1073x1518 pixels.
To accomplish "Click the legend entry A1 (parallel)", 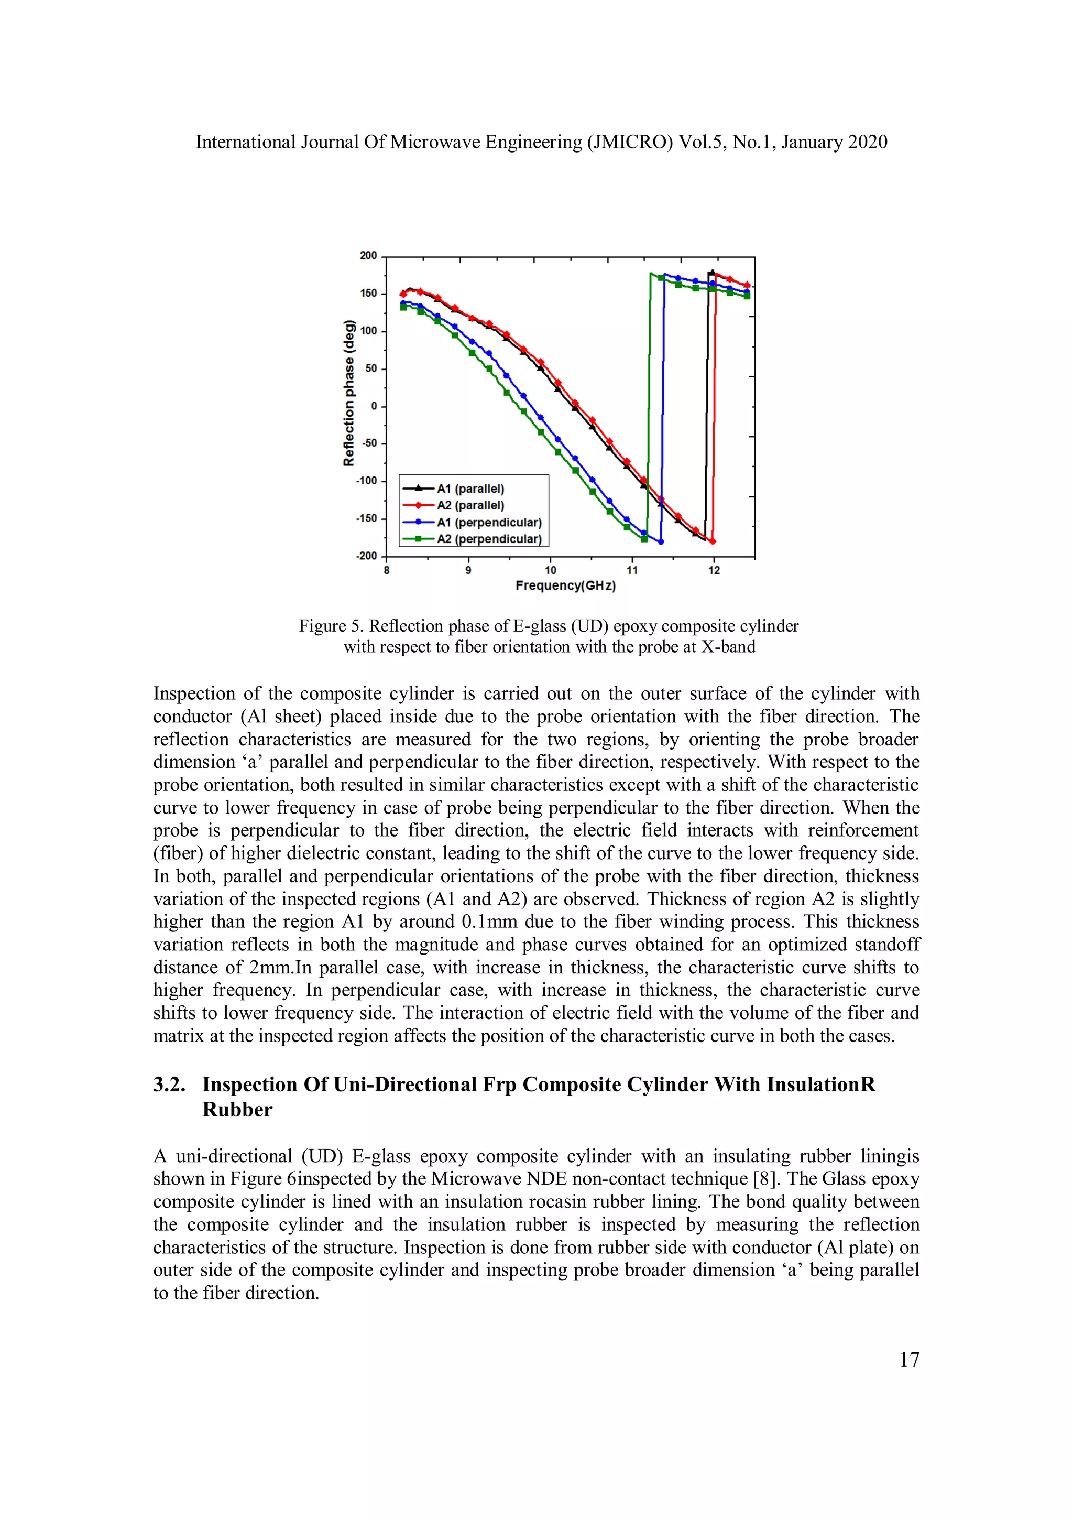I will click(470, 489).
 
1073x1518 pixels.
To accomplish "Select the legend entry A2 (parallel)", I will click(470, 505).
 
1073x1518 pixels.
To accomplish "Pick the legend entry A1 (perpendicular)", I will click(488, 522).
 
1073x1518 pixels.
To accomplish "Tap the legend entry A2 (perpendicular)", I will click(488, 539).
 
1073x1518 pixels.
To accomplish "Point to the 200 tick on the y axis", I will click(368, 255).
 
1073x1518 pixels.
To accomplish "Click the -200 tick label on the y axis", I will click(366, 556).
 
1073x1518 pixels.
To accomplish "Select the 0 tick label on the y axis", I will click(374, 406).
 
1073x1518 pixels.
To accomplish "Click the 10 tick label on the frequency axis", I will click(550, 571).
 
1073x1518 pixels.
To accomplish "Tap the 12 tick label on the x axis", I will click(714, 571).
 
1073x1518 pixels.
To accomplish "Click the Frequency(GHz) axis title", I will click(565, 586).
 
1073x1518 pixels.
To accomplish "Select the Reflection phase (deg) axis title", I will click(349, 393).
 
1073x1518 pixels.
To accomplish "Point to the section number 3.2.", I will click(169, 1085).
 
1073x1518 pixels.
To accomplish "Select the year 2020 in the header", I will click(868, 142).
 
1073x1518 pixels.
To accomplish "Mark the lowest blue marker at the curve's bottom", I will click(661, 541).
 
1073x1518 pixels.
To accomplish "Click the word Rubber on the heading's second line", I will click(237, 1110).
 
